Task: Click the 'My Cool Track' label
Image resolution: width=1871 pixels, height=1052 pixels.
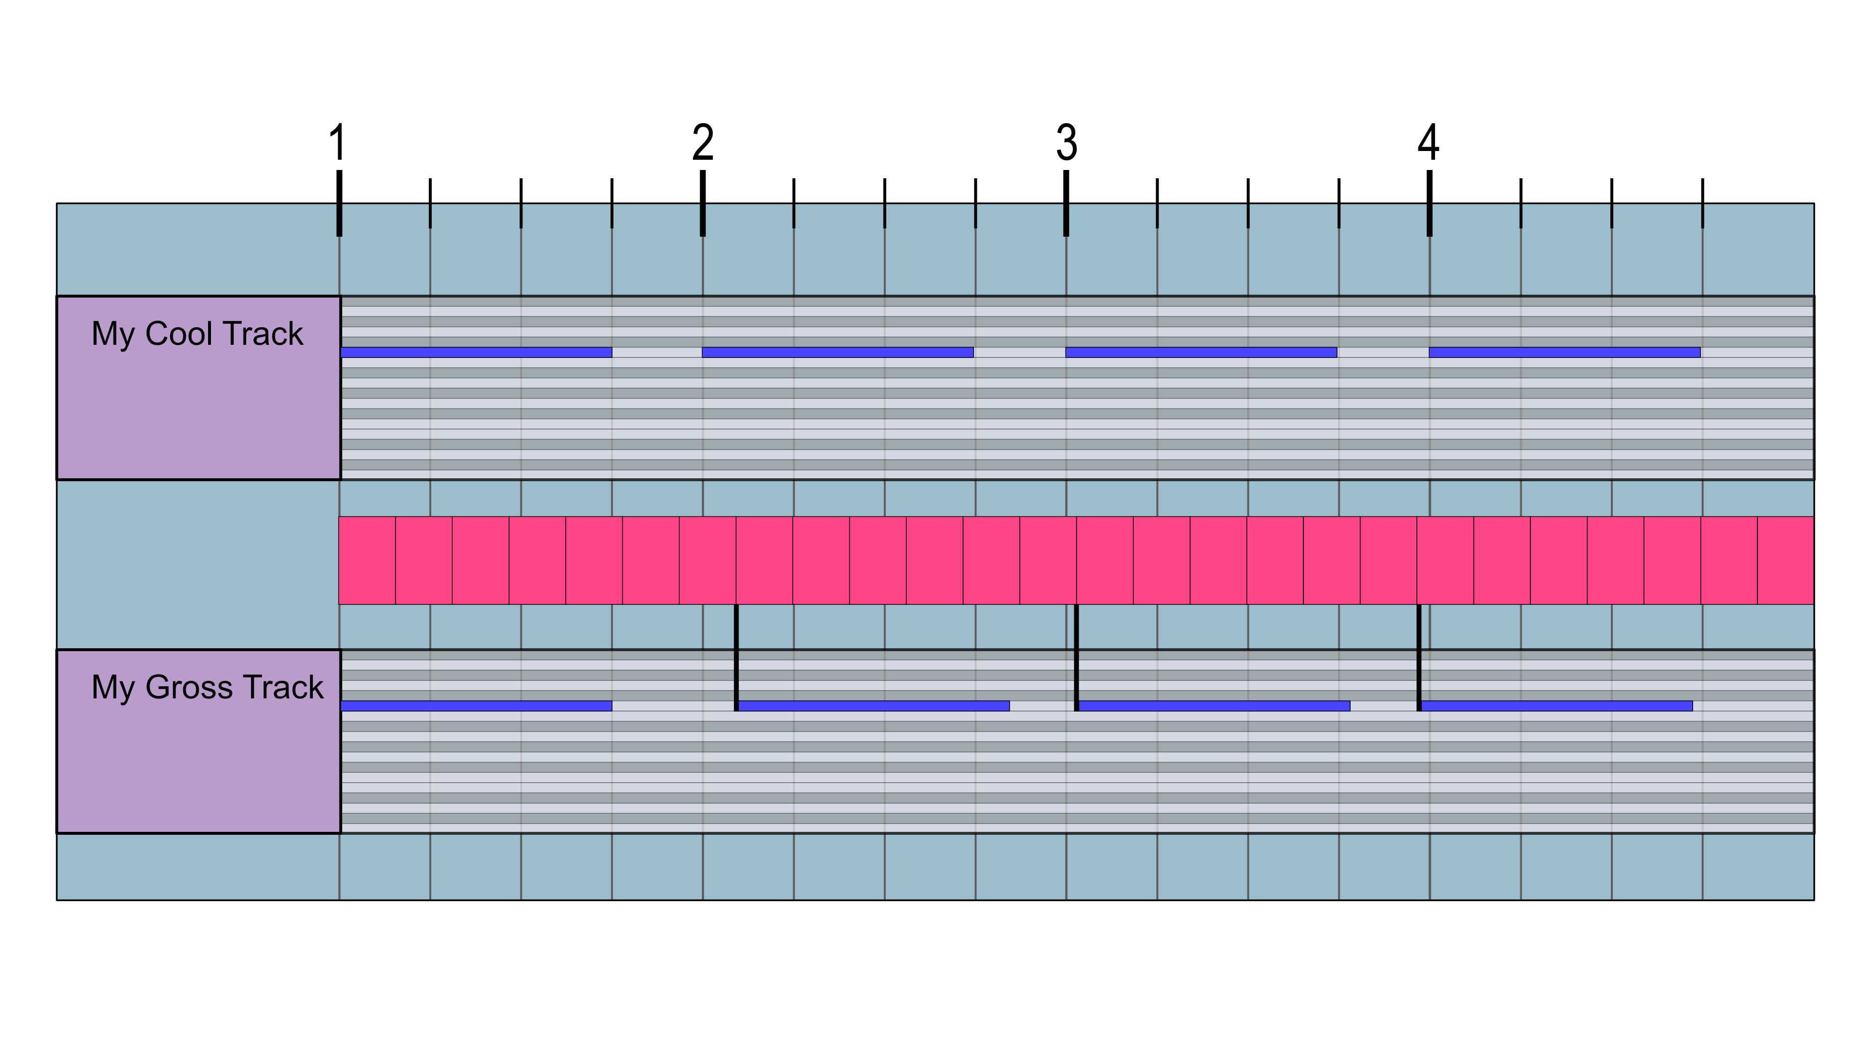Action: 197,334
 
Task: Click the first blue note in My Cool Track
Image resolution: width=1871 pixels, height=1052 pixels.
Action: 476,352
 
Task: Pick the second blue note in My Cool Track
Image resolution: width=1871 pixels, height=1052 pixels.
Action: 838,352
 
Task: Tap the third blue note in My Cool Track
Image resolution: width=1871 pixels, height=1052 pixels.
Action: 1201,352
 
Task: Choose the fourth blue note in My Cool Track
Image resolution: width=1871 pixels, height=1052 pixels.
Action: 1565,352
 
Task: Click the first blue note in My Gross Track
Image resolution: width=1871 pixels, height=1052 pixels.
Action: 476,706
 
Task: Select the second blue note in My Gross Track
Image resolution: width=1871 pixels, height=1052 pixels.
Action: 874,706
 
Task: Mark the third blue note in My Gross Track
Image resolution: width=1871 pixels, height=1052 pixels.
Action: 1214,706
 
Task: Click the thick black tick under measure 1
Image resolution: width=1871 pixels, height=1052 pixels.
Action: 339,203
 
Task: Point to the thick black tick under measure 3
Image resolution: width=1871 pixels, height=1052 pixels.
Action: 1066,203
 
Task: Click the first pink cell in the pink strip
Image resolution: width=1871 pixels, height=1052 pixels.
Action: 367,560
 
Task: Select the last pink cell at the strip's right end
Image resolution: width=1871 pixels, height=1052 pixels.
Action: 1785,560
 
